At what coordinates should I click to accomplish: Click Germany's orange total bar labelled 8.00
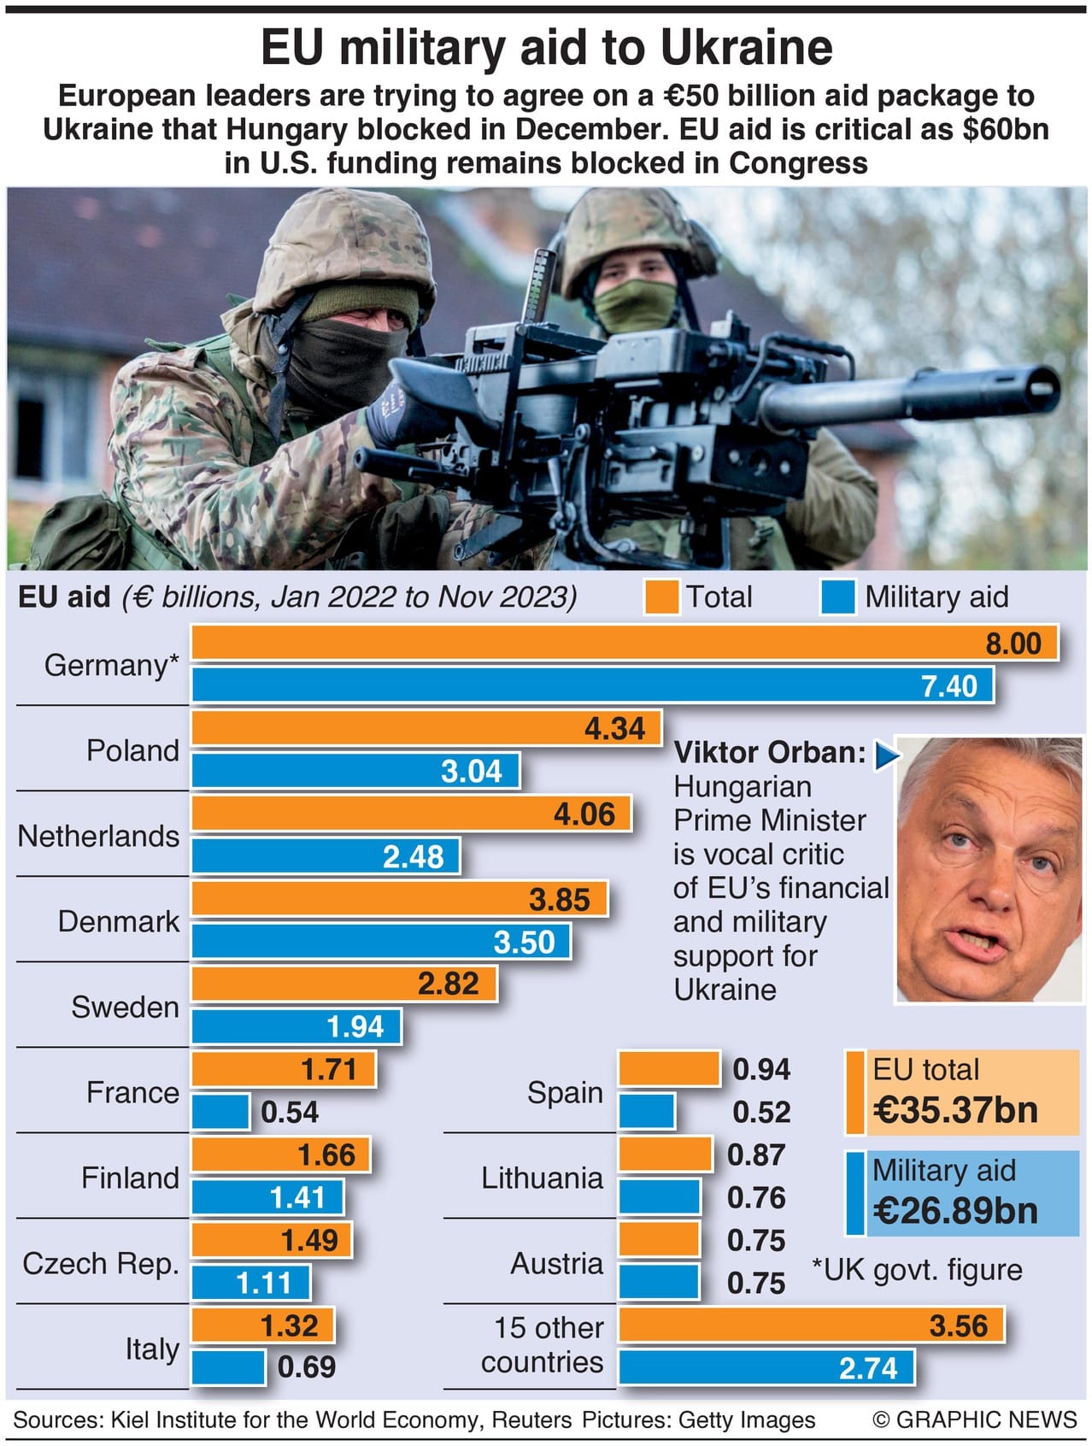tap(624, 643)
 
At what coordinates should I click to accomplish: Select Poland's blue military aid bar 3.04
tap(355, 771)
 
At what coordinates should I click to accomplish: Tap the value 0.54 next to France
tap(289, 1112)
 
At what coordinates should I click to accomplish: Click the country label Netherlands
tap(98, 836)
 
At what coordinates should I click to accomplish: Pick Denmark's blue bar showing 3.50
tap(380, 942)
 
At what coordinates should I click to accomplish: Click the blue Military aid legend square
tap(837, 597)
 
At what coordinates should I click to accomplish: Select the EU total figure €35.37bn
tap(955, 1110)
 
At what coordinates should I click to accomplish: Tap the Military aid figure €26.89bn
tap(955, 1211)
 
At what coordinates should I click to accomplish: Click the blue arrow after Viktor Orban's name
tap(887, 755)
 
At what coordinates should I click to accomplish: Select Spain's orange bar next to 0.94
tap(669, 1069)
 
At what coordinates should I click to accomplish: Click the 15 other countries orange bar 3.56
tap(810, 1325)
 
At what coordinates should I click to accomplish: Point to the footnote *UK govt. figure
tap(916, 1270)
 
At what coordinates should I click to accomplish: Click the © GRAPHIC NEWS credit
tap(974, 1420)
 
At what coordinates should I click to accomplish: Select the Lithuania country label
tap(542, 1178)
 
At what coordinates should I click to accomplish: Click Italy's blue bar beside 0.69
tap(228, 1367)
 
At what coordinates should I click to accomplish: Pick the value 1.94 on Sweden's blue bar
tap(355, 1026)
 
